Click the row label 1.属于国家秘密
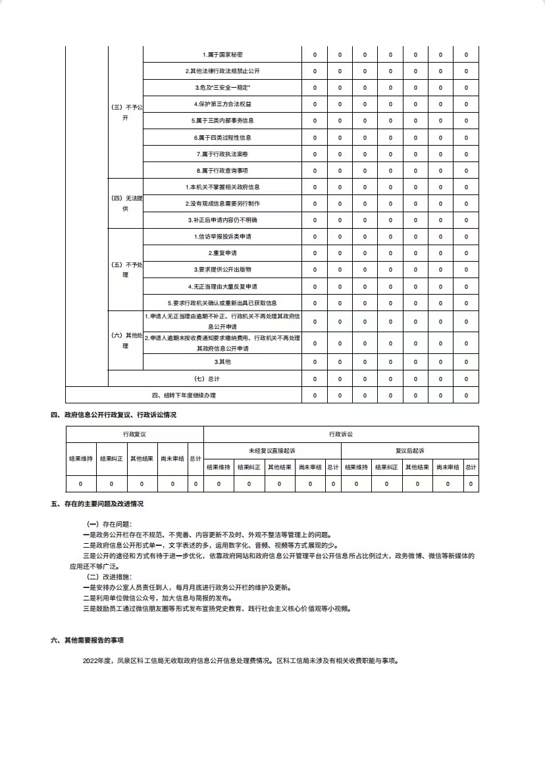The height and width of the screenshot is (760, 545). pyautogui.click(x=222, y=54)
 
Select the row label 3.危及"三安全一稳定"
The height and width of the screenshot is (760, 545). pyautogui.click(x=222, y=88)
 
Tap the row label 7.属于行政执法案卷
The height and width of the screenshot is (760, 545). pyautogui.click(x=222, y=154)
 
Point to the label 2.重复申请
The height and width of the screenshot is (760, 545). pyautogui.click(x=222, y=253)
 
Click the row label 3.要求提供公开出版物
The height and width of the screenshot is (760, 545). pyautogui.click(x=222, y=270)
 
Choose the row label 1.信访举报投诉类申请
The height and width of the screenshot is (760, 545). pyautogui.click(x=222, y=237)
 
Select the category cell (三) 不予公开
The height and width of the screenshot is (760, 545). pyautogui.click(x=125, y=112)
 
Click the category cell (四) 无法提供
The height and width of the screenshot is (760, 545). pyautogui.click(x=125, y=203)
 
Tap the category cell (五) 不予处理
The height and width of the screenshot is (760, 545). pyautogui.click(x=125, y=270)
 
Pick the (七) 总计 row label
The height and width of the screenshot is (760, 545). pyautogui.click(x=205, y=379)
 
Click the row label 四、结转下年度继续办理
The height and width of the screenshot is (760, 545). pyautogui.click(x=184, y=395)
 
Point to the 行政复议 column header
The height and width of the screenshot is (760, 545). pyautogui.click(x=134, y=434)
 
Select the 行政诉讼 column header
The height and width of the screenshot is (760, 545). pyautogui.click(x=341, y=434)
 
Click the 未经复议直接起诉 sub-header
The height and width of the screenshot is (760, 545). pyautogui.click(x=272, y=451)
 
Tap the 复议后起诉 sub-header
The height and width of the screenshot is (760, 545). pyautogui.click(x=409, y=451)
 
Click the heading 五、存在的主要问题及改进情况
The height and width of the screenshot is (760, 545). pyautogui.click(x=97, y=504)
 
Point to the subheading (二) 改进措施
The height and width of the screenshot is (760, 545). pyautogui.click(x=105, y=576)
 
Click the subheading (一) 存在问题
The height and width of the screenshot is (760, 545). pyautogui.click(x=105, y=524)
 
